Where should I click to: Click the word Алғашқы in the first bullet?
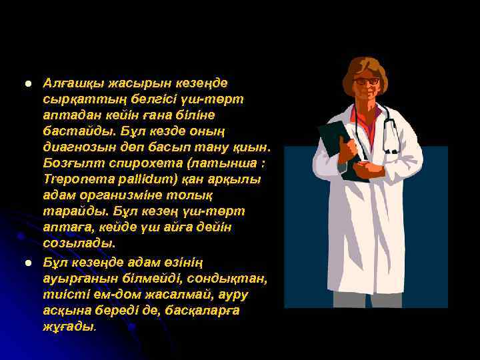71,83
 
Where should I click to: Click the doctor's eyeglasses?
366,81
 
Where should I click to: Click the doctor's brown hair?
365,66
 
